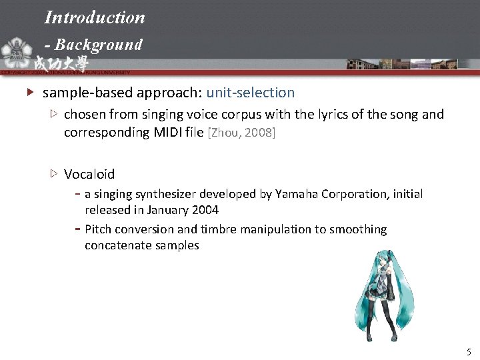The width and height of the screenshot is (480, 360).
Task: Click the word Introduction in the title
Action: tap(95, 17)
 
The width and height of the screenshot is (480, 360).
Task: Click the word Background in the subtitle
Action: tap(99, 45)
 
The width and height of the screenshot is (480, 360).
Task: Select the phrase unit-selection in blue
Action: tap(251, 93)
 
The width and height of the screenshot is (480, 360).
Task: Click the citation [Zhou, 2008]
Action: tap(242, 133)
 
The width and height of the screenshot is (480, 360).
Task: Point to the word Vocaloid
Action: tap(89, 174)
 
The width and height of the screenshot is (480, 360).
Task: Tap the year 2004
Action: tap(205, 210)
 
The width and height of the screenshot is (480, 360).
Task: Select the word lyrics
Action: tap(327, 114)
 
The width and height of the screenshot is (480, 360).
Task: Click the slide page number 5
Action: tap(469, 351)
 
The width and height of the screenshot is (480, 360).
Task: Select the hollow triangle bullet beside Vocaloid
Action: tap(53, 174)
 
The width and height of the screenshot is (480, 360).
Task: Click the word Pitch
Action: tap(98, 229)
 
